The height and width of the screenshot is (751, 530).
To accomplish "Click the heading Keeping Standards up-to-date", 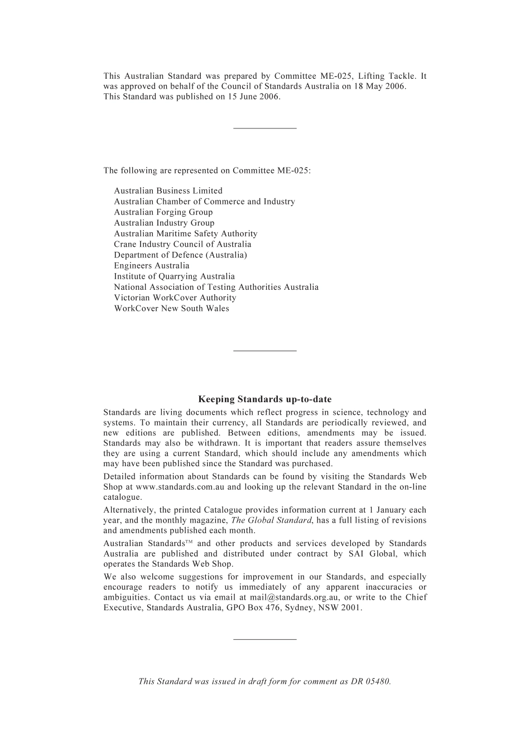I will [x=264, y=399].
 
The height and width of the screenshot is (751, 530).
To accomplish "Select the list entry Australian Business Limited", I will [x=168, y=191].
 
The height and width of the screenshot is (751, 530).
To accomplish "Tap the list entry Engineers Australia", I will [x=151, y=266].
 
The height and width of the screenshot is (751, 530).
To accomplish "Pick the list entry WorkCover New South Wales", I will [x=171, y=309].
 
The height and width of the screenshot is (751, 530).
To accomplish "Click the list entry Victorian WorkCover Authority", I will [x=175, y=298].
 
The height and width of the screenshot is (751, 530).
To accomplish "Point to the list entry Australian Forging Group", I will [x=163, y=212].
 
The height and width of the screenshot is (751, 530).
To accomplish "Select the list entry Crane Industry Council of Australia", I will [x=182, y=244].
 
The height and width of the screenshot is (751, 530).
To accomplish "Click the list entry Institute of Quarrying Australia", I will [x=174, y=276].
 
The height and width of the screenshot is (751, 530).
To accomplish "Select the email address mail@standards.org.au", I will [x=294, y=597].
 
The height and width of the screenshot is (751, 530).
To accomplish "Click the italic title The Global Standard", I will [x=271, y=520].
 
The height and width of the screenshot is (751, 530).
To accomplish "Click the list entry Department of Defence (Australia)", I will [x=180, y=255].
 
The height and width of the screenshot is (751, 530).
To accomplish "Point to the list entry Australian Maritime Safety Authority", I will [x=185, y=234].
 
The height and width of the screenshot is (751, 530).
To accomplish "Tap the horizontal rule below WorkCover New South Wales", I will [x=264, y=351].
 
